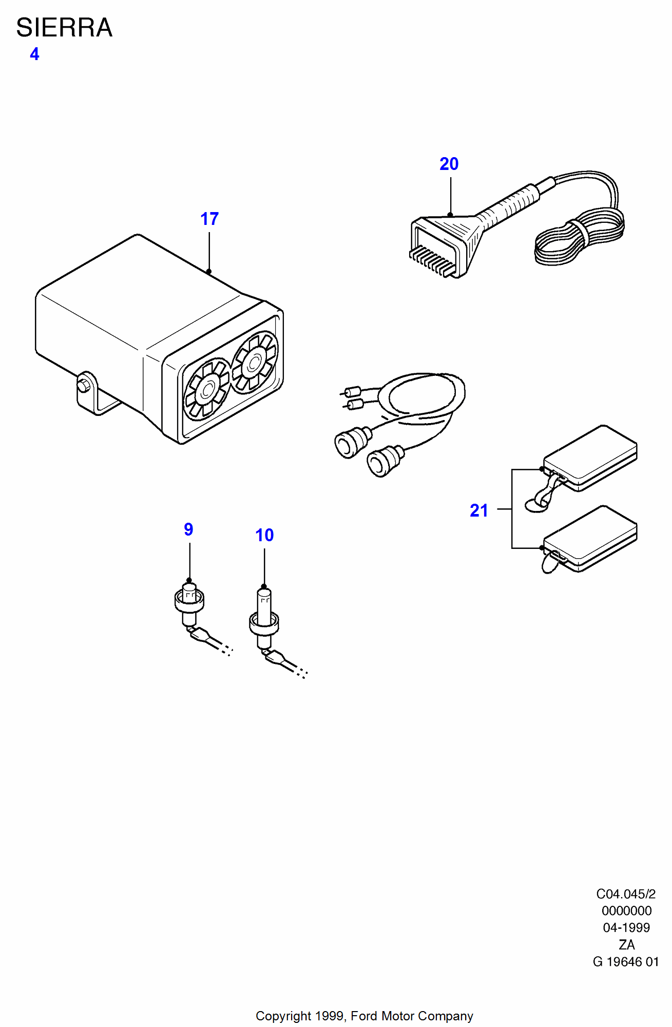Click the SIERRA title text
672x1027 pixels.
click(x=64, y=28)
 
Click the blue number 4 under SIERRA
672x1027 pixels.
click(x=34, y=54)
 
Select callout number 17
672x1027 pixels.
click(x=209, y=219)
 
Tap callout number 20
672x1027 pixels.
click(x=449, y=164)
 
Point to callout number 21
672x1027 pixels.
click(x=479, y=510)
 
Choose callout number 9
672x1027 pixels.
click(x=188, y=529)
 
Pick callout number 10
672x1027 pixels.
click(x=264, y=535)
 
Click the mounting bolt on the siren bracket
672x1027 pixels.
click(x=83, y=385)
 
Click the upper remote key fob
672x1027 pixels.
click(x=590, y=457)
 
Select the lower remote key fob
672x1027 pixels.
click(x=590, y=538)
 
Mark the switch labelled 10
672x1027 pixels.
click(x=264, y=619)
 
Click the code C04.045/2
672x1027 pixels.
click(x=626, y=894)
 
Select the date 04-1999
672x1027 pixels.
click(x=626, y=928)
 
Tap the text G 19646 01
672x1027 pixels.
click(x=626, y=962)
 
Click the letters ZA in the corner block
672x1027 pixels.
click(x=627, y=945)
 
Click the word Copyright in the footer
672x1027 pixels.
click(x=283, y=1016)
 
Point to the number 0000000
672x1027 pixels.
click(x=627, y=911)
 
